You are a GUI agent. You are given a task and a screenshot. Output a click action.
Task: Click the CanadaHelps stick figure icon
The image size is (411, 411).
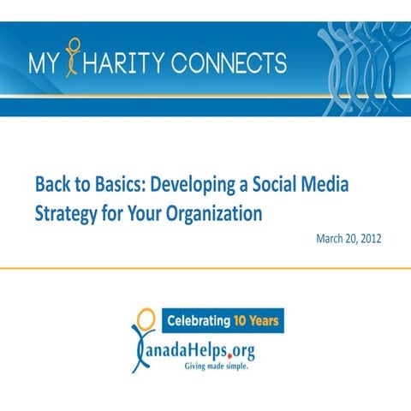(143, 338)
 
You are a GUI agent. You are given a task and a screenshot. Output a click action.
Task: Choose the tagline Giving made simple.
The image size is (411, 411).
(218, 366)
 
